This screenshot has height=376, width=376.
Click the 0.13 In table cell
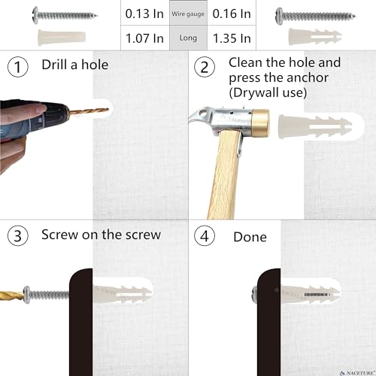pyautogui.click(x=145, y=13)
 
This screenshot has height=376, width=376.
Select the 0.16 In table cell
pyautogui.click(x=232, y=13)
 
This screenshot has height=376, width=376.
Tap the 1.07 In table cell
pyautogui.click(x=145, y=38)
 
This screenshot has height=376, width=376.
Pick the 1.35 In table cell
pyautogui.click(x=232, y=38)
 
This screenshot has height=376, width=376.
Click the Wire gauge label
pyautogui.click(x=188, y=14)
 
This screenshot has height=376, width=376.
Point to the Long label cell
pyautogui.click(x=188, y=38)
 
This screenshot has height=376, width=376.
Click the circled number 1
pyautogui.click(x=18, y=67)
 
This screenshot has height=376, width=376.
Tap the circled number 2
pyautogui.click(x=205, y=67)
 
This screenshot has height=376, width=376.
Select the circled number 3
pyautogui.click(x=18, y=235)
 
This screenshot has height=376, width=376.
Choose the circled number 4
pyautogui.click(x=205, y=235)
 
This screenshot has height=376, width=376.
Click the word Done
pyautogui.click(x=250, y=237)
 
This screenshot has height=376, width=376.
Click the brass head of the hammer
pyautogui.click(x=260, y=123)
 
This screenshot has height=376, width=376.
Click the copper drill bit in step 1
pyautogui.click(x=89, y=111)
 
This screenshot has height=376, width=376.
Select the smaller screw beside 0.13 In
pyautogui.click(x=65, y=15)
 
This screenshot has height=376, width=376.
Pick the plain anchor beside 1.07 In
pyautogui.click(x=62, y=38)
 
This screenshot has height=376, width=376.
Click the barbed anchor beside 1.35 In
pyautogui.click(x=315, y=37)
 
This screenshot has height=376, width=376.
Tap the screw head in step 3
pyautogui.click(x=27, y=295)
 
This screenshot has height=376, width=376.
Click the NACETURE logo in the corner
pyautogui.click(x=358, y=373)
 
